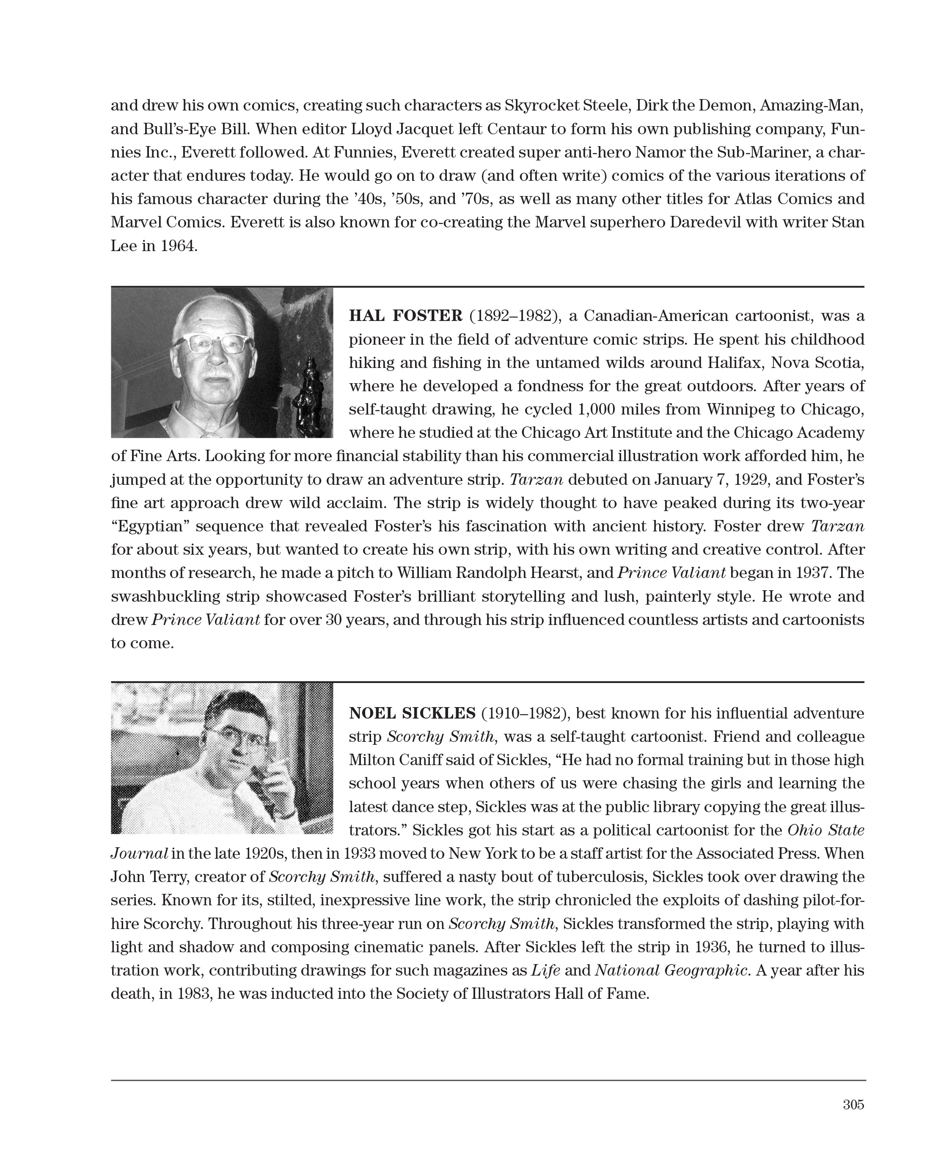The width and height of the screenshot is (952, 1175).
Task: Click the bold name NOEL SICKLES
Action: click(x=412, y=713)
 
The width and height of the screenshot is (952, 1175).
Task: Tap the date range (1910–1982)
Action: click(x=524, y=713)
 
